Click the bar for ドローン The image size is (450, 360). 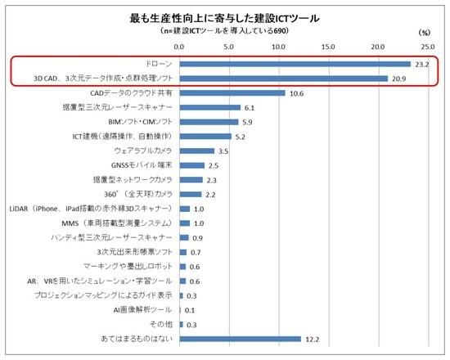[295, 64]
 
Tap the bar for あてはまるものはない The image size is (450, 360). [240, 338]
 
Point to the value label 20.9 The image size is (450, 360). [399, 79]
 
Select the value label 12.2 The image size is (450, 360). [313, 338]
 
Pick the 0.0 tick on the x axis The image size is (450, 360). [179, 47]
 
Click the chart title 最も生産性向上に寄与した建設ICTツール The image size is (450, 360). [225, 16]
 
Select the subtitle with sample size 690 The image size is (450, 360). [225, 31]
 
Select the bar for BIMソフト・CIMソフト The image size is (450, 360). [208, 122]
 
